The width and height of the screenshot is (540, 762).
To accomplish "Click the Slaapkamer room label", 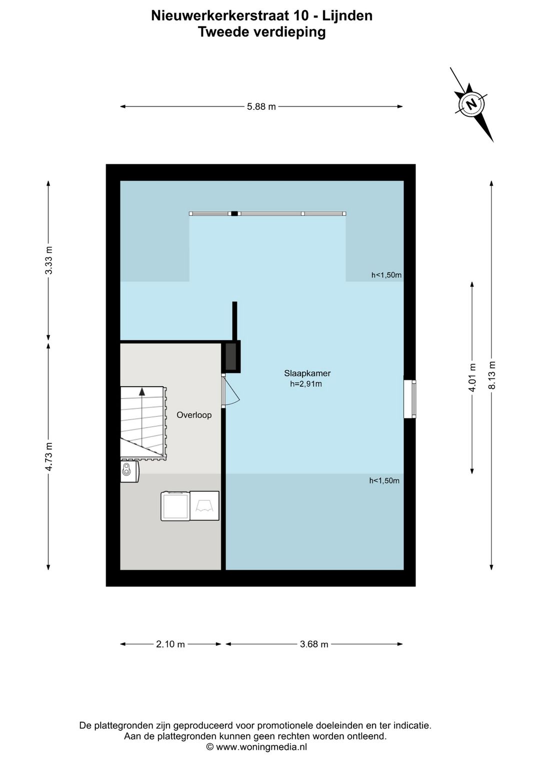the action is (x=307, y=373).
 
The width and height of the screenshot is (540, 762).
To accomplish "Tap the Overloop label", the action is (x=194, y=415).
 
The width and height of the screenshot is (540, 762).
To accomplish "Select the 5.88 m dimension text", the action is (x=261, y=107).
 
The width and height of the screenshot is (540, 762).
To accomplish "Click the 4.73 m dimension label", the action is (x=49, y=456).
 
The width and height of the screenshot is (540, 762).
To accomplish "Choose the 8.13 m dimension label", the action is (x=491, y=374).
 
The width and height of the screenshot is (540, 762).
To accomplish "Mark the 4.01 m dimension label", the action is (x=472, y=378).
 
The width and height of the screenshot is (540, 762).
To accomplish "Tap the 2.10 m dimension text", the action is (x=170, y=644).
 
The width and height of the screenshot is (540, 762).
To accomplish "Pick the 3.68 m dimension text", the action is (x=314, y=644).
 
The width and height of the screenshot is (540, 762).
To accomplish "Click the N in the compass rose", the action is (x=471, y=103).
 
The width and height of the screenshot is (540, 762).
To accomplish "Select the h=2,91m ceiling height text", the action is (x=306, y=384).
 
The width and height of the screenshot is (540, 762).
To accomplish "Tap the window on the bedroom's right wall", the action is (x=410, y=399).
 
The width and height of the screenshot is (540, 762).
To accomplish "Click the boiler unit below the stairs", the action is (x=129, y=471).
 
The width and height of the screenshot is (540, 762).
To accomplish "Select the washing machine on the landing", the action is (x=175, y=506).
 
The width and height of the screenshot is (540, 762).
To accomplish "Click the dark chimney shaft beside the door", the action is (x=231, y=357).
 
